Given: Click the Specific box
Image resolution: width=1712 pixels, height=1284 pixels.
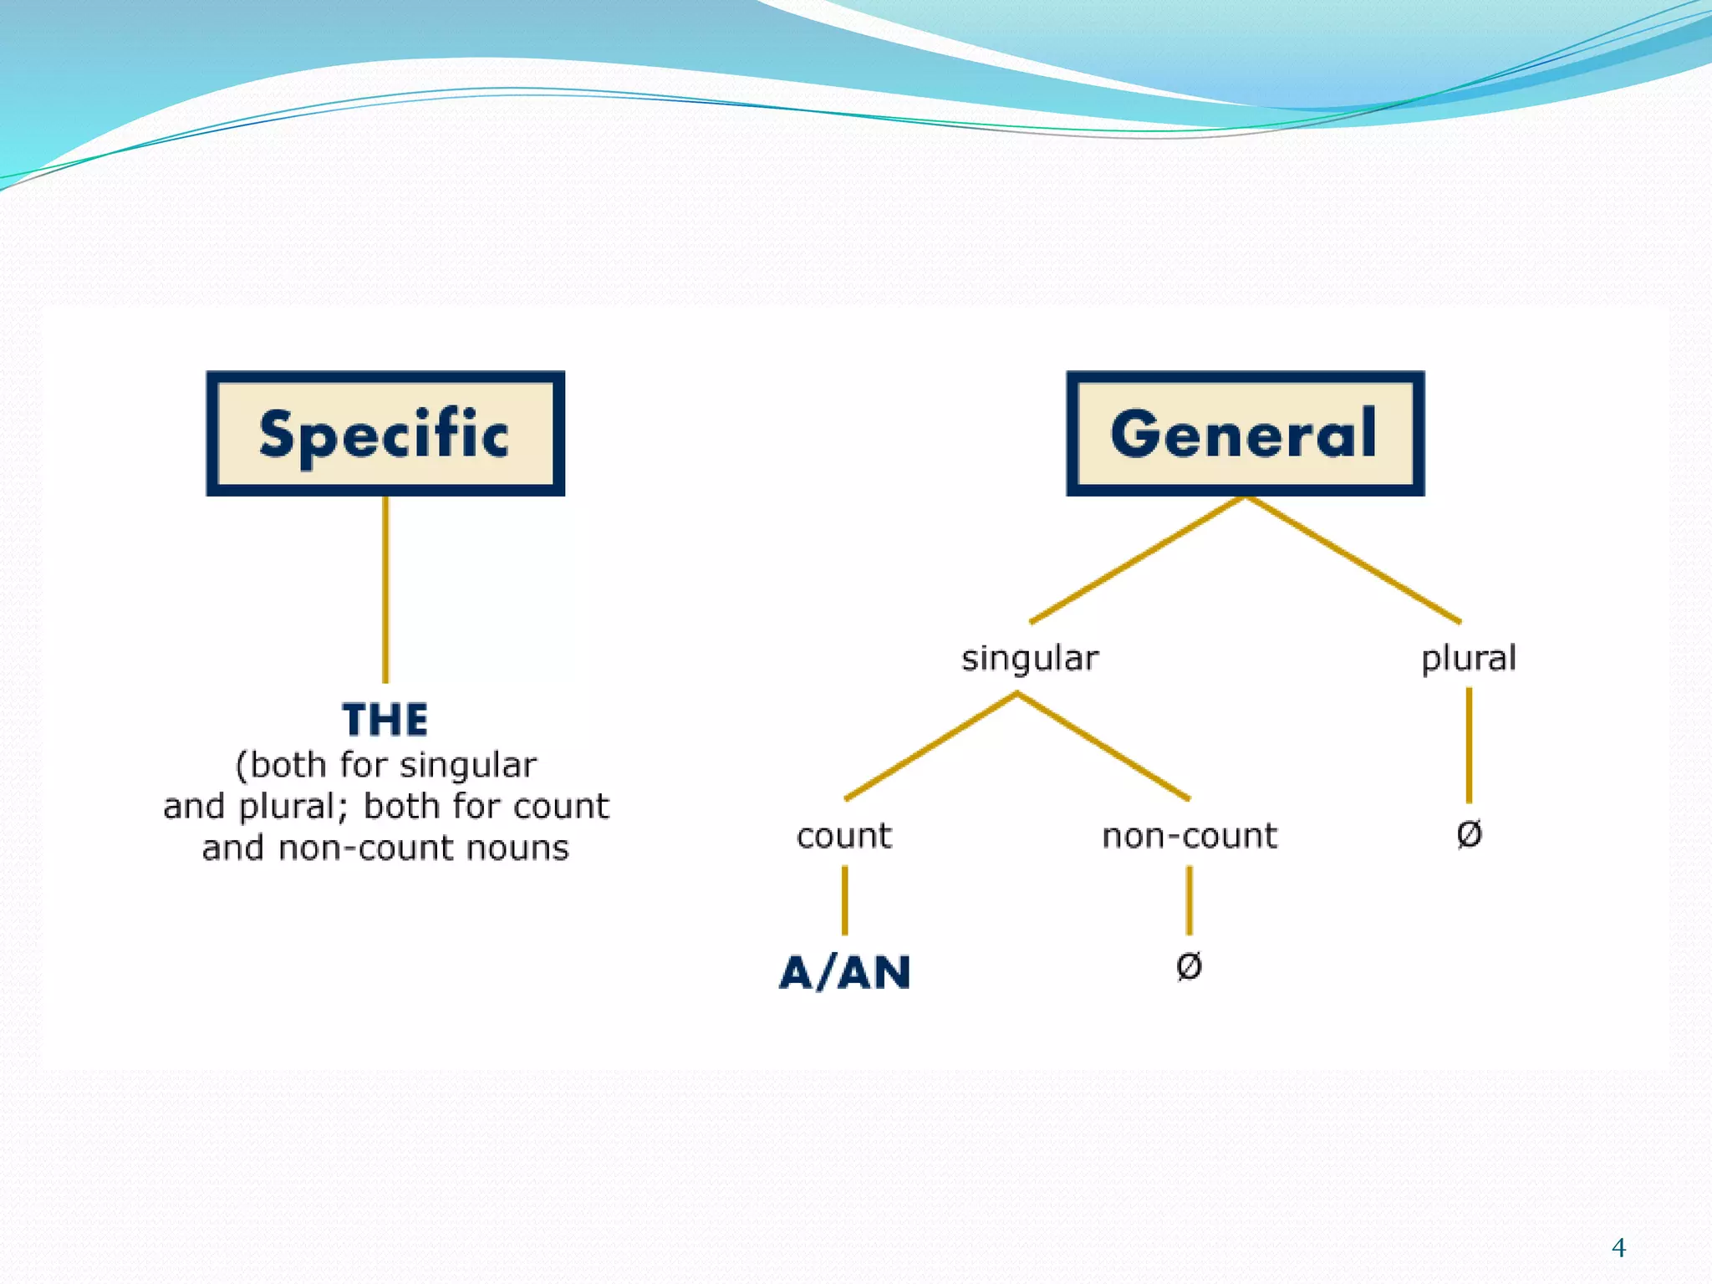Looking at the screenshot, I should (385, 433).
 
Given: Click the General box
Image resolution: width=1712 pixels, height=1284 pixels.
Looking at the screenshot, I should (1245, 433).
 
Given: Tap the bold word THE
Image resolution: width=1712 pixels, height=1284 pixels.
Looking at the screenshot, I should (385, 720).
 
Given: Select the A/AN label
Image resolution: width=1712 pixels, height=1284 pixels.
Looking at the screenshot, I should (844, 972).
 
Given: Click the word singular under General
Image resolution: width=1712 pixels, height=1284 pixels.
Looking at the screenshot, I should (1030, 659).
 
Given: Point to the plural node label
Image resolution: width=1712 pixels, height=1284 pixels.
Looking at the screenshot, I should (1469, 659).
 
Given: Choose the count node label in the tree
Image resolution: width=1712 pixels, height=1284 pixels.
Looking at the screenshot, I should (844, 836).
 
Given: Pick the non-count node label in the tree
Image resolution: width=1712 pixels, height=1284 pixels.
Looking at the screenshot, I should (1190, 836).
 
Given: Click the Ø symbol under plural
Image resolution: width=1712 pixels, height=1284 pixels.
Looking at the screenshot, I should (1469, 833).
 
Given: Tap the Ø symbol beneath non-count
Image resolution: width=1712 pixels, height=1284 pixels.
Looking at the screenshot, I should (1189, 966).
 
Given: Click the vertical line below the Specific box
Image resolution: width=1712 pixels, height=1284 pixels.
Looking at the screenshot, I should (385, 589).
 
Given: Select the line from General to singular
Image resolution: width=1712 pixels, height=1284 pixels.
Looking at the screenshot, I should (1137, 560).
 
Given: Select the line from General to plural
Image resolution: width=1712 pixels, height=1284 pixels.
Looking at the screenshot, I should (1354, 560).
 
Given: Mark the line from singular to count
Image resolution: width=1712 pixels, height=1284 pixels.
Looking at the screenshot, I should (930, 746).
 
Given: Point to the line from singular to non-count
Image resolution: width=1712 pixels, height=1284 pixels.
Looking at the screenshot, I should (1103, 746).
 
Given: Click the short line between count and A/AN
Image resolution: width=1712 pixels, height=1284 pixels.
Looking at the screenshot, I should (844, 900).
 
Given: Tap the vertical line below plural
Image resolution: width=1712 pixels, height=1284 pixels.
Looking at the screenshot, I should (1469, 744).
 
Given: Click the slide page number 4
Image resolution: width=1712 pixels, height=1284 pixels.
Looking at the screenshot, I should (1618, 1248).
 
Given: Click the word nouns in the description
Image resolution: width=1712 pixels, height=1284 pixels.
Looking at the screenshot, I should (517, 848).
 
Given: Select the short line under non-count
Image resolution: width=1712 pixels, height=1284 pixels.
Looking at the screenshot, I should (1190, 900).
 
